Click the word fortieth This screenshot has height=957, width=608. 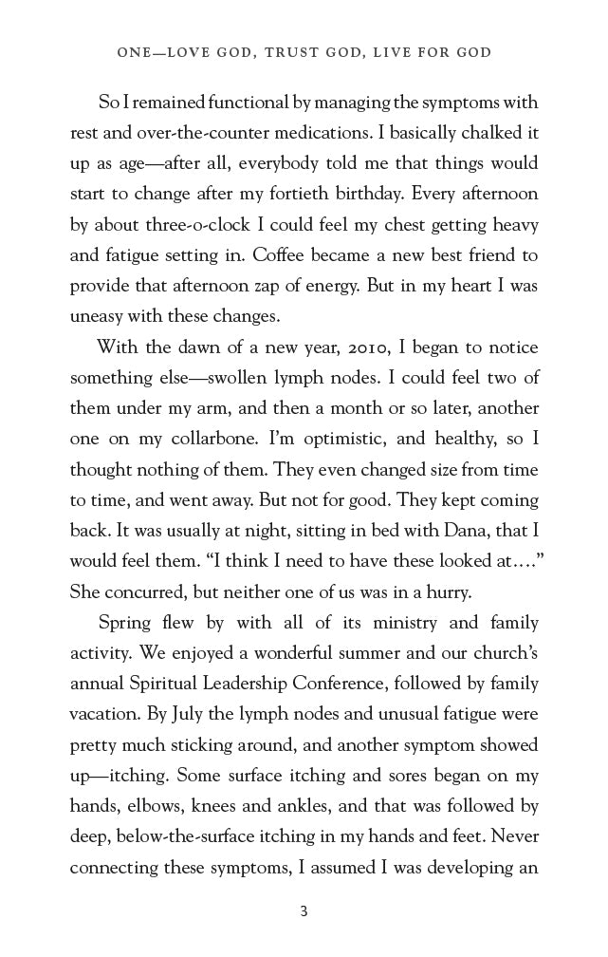coord(362,194)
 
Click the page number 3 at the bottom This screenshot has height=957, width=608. coord(304,911)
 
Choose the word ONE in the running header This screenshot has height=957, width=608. coord(134,53)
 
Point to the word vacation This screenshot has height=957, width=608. coord(103,714)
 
